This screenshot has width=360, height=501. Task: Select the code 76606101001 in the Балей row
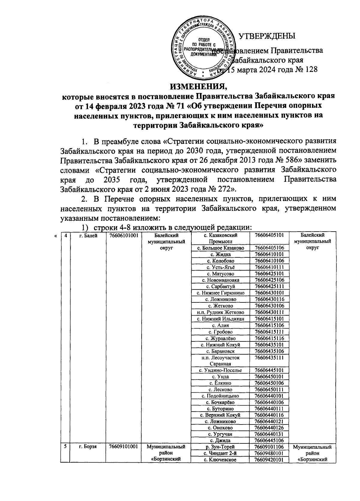(124, 236)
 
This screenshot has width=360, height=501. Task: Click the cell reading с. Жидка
(221, 254)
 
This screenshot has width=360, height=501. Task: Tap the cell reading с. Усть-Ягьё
(221, 267)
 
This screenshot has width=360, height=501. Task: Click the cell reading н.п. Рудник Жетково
(221, 312)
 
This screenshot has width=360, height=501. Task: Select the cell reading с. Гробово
(221, 332)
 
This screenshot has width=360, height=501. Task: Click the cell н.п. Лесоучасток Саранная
(221, 361)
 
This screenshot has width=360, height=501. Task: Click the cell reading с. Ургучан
(221, 434)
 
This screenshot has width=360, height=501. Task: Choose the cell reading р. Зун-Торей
(221, 447)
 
